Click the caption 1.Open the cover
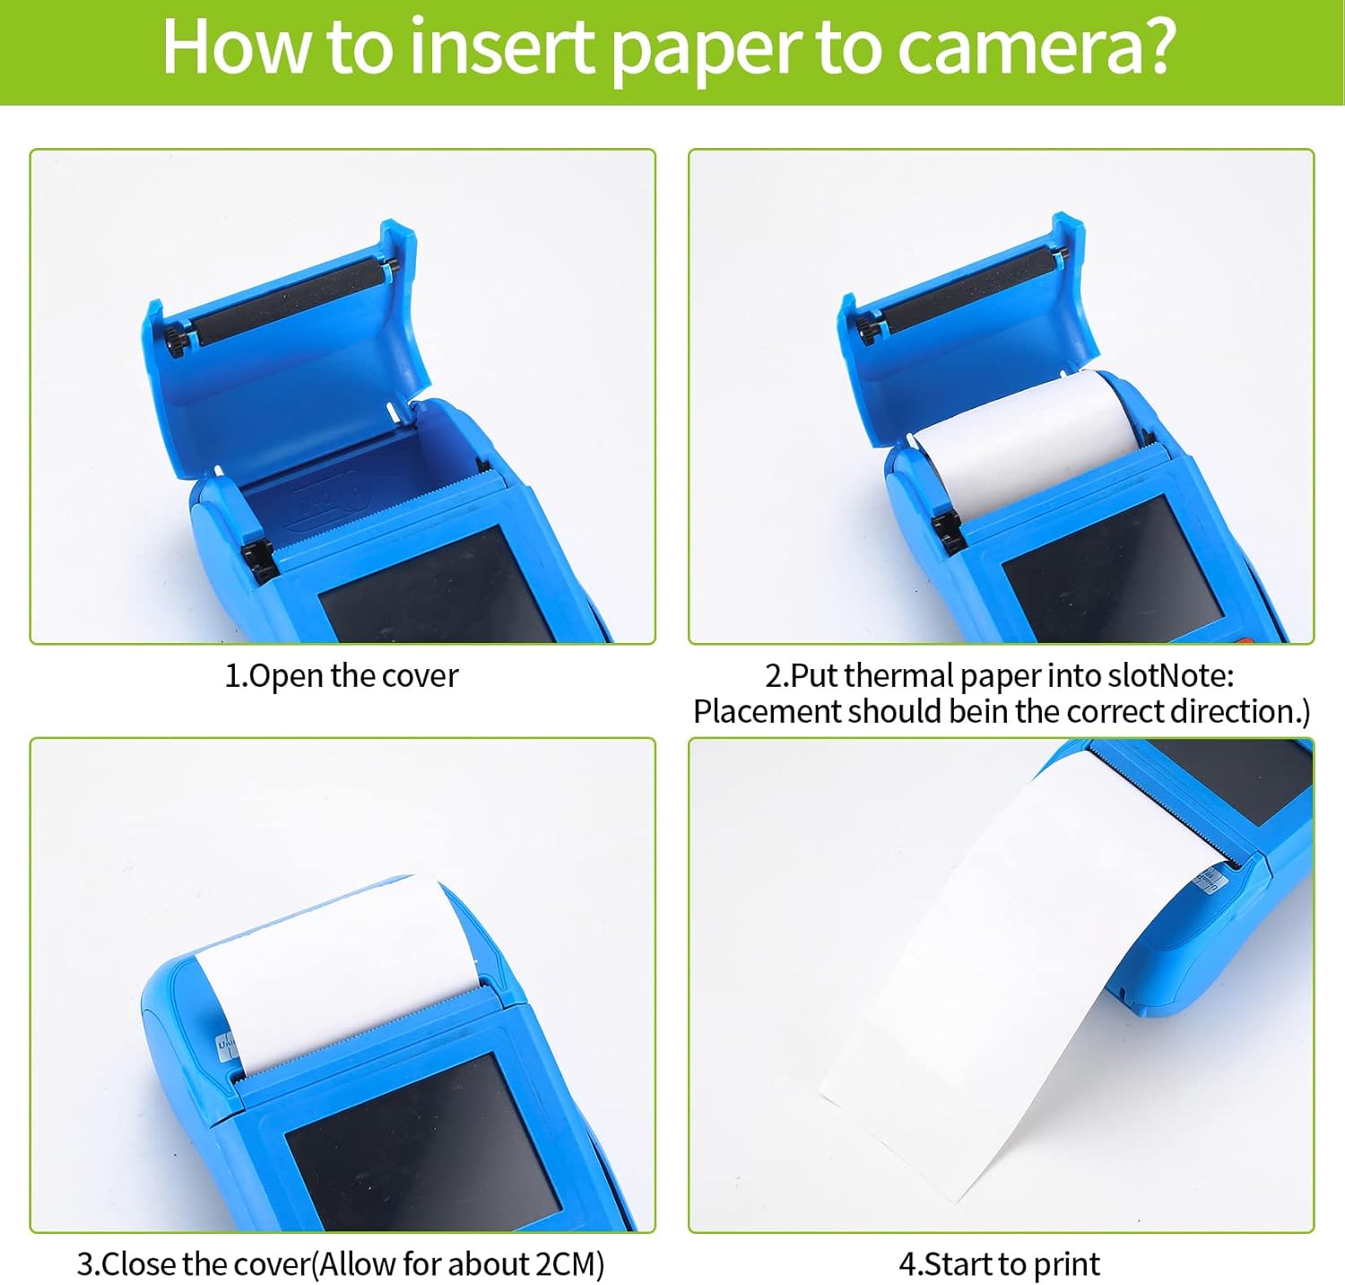341,675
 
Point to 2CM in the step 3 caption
563,1263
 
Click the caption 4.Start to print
999,1263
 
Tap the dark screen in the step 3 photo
421,1139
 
